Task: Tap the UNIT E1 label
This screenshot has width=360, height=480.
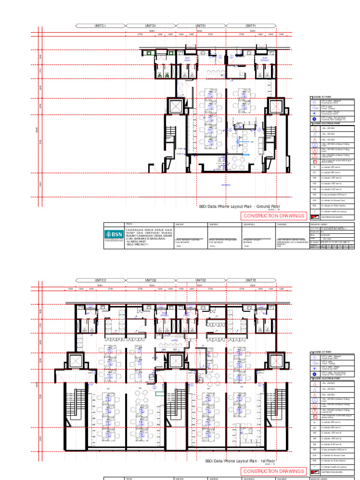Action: point(201,26)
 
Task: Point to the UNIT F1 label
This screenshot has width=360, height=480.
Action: point(251,26)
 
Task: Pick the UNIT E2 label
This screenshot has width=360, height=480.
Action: point(201,280)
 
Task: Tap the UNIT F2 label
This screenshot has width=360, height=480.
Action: point(251,280)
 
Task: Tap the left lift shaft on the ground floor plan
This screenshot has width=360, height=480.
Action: point(175,106)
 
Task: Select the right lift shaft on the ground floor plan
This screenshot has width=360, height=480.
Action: point(276,106)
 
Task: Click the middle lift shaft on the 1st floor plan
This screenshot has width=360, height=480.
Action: point(175,361)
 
